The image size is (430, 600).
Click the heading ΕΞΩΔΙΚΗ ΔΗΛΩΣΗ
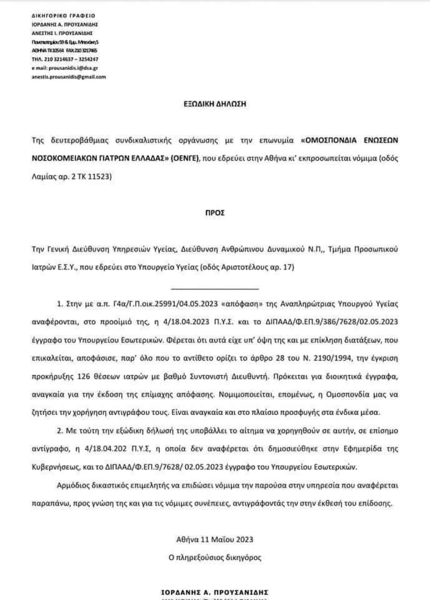click(x=215, y=104)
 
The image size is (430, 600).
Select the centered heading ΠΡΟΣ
click(x=215, y=213)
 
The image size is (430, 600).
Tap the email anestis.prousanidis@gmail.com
click(x=69, y=77)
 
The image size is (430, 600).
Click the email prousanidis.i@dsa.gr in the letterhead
click(x=65, y=68)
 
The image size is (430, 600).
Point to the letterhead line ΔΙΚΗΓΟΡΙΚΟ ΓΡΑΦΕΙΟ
click(x=63, y=15)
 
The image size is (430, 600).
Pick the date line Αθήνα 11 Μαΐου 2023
click(x=215, y=539)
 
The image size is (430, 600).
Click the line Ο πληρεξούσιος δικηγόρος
click(x=215, y=557)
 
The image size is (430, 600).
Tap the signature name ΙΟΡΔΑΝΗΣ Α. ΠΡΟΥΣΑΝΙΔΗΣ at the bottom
click(x=215, y=592)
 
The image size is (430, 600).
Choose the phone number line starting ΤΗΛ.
click(x=65, y=59)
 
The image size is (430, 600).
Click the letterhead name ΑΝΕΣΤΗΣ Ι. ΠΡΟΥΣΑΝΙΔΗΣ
click(x=62, y=33)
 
